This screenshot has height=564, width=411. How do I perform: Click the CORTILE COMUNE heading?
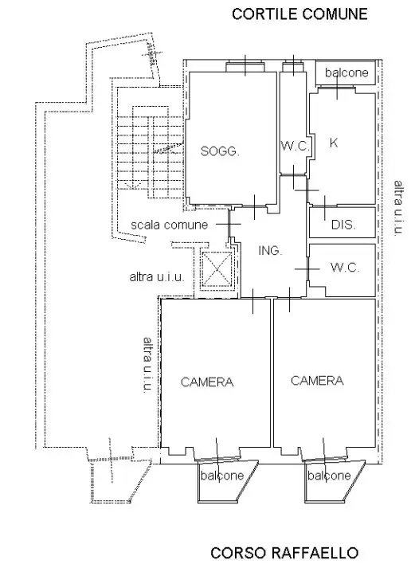(299, 14)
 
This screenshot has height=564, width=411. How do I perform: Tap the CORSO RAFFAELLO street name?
(284, 553)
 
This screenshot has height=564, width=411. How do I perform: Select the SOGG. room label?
(220, 151)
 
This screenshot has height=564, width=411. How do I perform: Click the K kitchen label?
(334, 143)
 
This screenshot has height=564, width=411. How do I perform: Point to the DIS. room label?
(343, 225)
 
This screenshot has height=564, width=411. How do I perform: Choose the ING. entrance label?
(270, 250)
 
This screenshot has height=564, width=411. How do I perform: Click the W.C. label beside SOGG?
(295, 146)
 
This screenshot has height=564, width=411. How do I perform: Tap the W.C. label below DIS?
(344, 267)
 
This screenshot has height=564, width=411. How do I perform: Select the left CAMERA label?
(207, 382)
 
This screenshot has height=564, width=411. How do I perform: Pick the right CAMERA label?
(317, 381)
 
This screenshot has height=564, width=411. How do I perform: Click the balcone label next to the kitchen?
(346, 72)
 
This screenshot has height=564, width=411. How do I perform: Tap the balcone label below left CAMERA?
(222, 476)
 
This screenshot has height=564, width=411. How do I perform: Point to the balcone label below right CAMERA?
(329, 476)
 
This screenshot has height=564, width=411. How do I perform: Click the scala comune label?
(170, 225)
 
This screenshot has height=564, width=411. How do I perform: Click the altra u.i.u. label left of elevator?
(157, 277)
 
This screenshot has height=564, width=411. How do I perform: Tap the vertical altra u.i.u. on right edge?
(398, 208)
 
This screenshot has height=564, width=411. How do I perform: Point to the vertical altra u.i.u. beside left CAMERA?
(148, 364)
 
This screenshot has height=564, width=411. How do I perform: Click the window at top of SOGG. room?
(245, 67)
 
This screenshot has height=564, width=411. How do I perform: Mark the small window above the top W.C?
(293, 67)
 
